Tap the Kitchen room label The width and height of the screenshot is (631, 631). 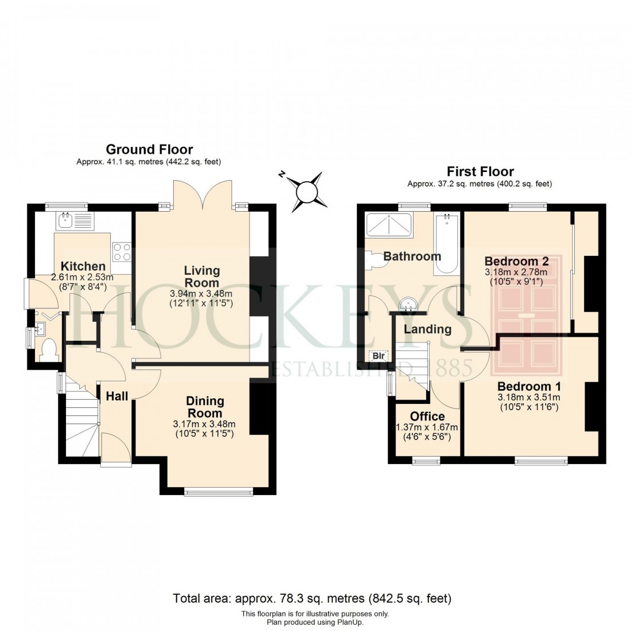point(83,266)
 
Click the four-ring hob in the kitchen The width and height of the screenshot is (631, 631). point(122,250)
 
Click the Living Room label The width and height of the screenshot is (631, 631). point(201,276)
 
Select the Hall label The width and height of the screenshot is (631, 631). point(117,395)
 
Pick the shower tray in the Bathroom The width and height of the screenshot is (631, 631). point(389,224)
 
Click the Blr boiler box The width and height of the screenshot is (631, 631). point(378,355)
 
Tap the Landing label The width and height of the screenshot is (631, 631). point(427,329)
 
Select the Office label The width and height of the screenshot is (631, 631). point(427,416)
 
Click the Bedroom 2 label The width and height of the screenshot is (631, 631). point(516,261)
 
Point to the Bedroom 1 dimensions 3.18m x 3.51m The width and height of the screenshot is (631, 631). point(528,397)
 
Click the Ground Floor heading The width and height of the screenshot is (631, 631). point(149,150)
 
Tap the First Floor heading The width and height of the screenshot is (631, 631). point(480,172)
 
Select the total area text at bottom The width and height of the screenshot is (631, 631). point(312,599)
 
